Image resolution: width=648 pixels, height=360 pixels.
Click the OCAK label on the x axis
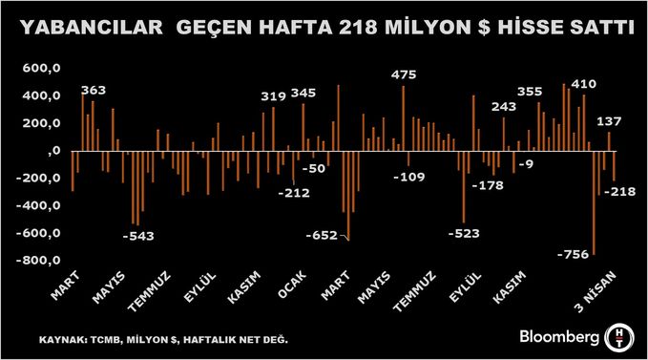[293, 286]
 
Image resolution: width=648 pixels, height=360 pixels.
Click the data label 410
[583, 84]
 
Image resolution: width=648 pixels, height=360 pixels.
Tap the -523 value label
[465, 233]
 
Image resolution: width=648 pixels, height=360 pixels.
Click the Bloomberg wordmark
[559, 336]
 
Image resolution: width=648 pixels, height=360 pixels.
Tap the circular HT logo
[620, 335]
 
